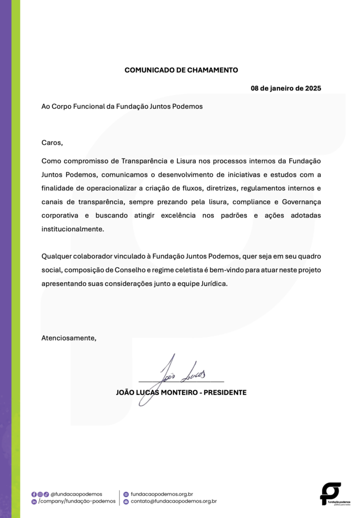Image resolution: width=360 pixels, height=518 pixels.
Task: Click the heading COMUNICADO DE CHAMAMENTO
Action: pos(181,70)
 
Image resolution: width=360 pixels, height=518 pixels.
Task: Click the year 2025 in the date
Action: pos(312,88)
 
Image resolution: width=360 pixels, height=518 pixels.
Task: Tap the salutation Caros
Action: pos(52,142)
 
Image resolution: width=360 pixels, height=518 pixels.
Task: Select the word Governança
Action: pos(301,202)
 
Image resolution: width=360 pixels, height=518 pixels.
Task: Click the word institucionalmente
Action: pos(72,229)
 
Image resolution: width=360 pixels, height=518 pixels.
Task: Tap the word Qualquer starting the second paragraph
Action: pos(57,256)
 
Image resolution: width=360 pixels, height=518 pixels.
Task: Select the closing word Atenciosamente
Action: pos(68,337)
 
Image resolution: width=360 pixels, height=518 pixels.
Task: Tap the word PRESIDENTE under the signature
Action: pos(225,392)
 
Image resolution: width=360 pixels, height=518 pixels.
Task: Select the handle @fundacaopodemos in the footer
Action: pos(76,494)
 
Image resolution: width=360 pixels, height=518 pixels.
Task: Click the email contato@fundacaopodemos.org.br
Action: pos(173,501)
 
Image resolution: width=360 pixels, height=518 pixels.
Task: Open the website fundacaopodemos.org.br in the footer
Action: pos(162,494)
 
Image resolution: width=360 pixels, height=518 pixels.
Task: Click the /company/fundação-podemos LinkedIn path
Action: pos(77,501)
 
